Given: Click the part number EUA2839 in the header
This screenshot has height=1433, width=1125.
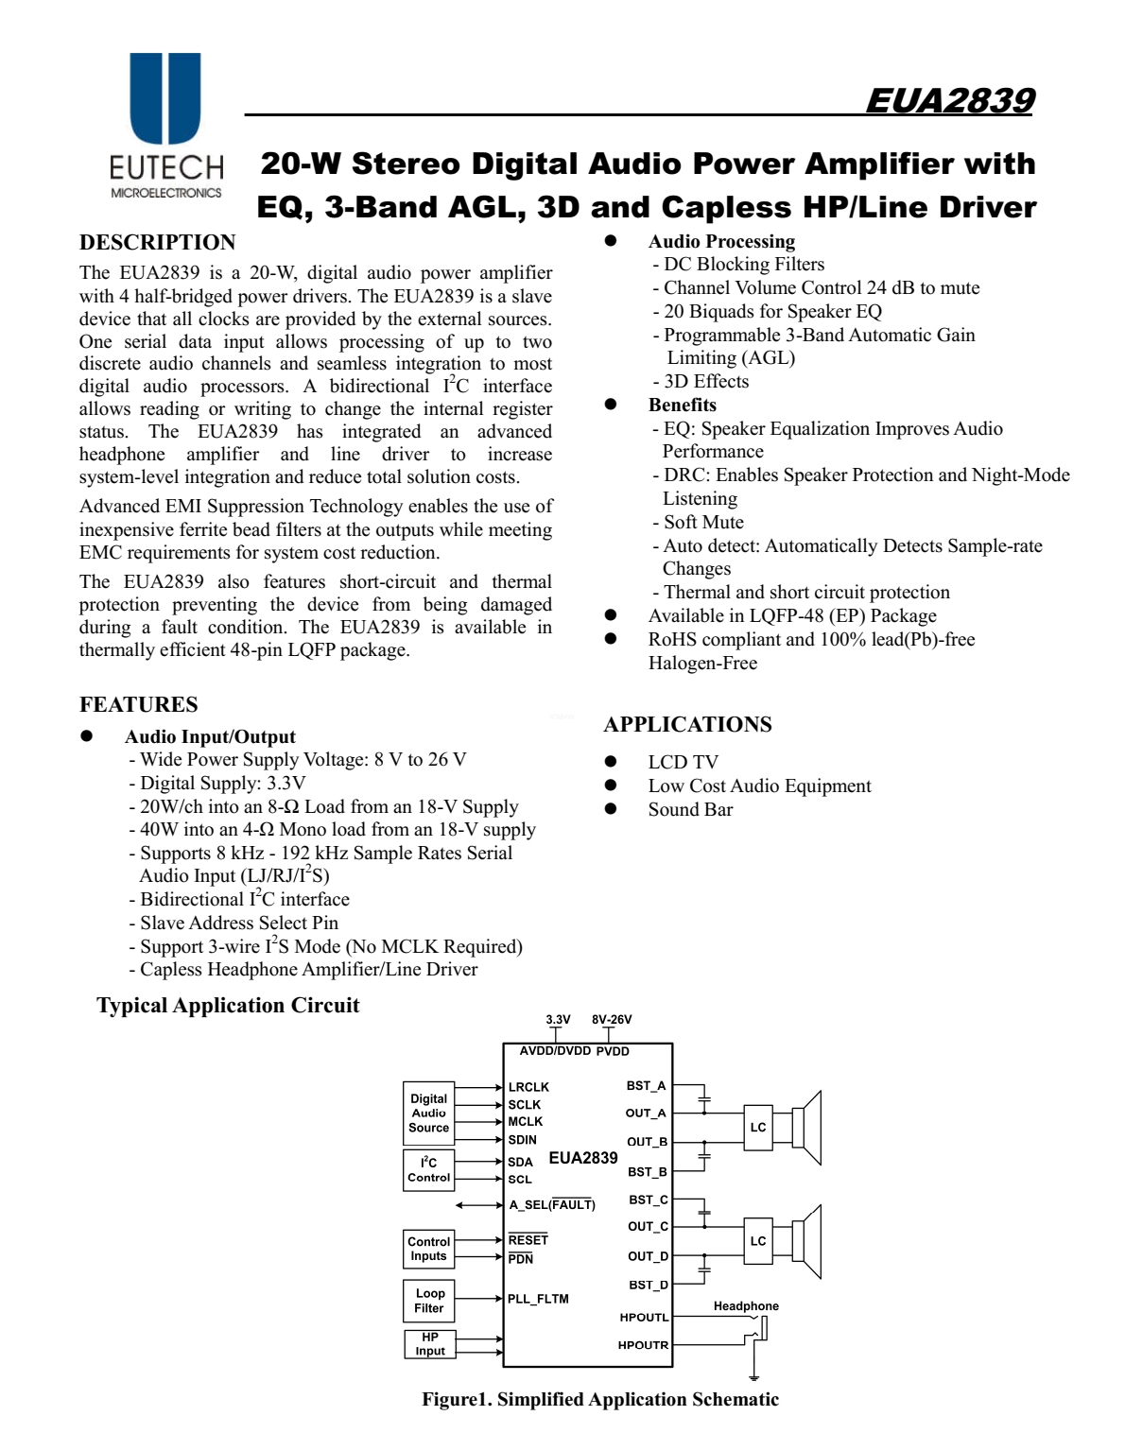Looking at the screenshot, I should [949, 100].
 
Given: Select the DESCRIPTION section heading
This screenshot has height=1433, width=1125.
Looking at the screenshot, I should [157, 242].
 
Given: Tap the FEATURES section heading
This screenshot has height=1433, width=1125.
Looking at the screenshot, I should [138, 704].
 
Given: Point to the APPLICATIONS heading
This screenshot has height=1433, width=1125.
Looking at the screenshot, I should [687, 724].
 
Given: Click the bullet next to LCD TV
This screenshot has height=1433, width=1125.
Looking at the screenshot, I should [611, 762].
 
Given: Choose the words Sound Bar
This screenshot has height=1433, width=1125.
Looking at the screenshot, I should [690, 809].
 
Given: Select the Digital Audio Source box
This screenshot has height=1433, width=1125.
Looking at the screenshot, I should [428, 1113].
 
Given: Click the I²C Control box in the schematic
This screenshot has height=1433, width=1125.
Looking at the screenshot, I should [428, 1169].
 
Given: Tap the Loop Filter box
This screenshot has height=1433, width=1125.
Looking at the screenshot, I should [428, 1301].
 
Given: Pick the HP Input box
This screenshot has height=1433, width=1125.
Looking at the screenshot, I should [429, 1343].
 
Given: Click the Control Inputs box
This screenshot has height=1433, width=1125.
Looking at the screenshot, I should [428, 1249].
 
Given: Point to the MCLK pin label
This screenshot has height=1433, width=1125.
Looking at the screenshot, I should [526, 1121].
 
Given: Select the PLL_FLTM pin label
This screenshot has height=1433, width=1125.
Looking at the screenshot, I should [538, 1299].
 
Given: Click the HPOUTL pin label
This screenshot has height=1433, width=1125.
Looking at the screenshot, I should [644, 1317].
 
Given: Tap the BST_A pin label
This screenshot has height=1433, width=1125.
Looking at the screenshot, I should [646, 1085].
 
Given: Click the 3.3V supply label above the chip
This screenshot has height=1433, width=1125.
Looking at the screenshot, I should [558, 1020].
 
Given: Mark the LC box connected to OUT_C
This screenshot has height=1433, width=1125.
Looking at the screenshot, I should [758, 1240].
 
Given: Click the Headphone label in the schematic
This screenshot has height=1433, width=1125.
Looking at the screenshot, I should [746, 1306].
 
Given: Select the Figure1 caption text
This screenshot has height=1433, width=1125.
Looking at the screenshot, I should [600, 1399].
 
